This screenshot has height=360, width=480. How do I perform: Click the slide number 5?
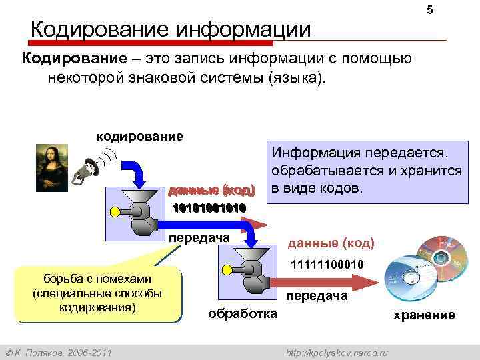[429, 11]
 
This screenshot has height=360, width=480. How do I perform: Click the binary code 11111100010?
[327, 265]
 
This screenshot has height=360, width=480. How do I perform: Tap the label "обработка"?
[243, 313]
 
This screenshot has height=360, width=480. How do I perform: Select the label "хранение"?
[424, 315]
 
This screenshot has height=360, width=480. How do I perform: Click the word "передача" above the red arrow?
[317, 296]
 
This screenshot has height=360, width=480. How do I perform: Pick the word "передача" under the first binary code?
[199, 238]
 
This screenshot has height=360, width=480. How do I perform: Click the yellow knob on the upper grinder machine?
[115, 212]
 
